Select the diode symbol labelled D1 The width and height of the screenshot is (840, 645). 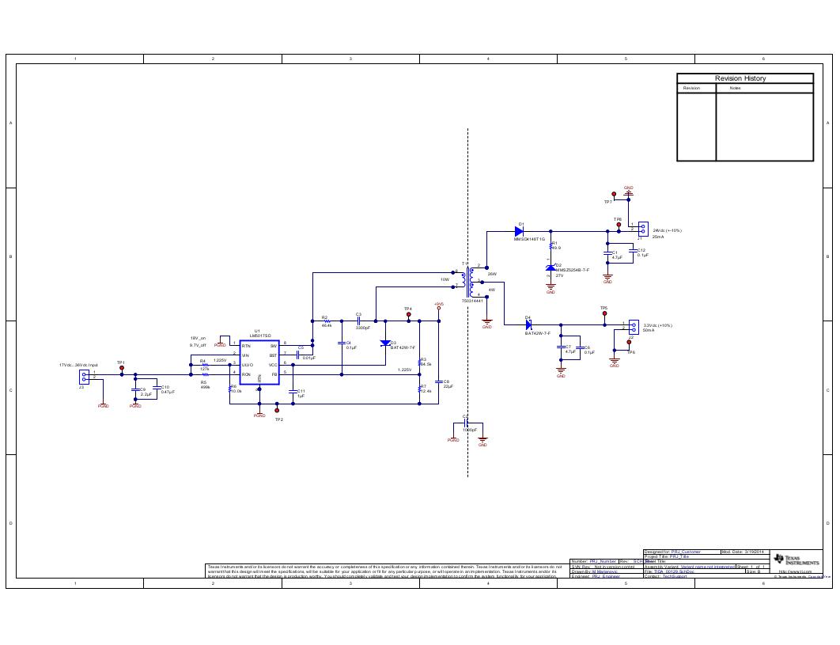(519, 231)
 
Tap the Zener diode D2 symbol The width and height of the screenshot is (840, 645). (551, 267)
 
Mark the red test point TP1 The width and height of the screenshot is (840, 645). (121, 368)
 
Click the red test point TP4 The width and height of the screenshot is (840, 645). (409, 314)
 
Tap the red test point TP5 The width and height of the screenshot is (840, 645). (605, 314)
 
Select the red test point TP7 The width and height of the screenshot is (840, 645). (614, 194)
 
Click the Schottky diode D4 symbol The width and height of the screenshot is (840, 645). (528, 324)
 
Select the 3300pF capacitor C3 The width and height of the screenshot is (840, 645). (358, 321)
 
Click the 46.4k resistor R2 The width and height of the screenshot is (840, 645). (327, 321)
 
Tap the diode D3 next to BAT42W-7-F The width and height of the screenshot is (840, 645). (385, 343)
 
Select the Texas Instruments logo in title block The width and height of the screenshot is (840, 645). (796, 560)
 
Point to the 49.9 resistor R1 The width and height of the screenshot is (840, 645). (551, 246)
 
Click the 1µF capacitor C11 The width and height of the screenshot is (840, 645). (293, 392)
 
